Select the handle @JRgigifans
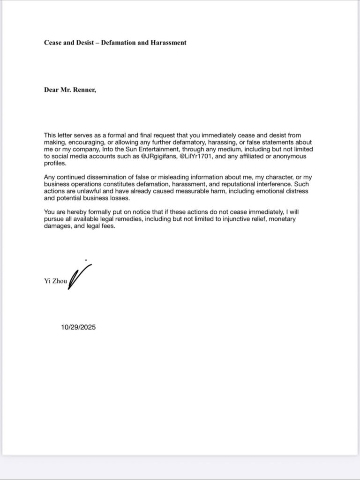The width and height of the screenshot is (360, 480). tap(157, 156)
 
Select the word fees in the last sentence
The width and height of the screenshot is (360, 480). tap(106, 226)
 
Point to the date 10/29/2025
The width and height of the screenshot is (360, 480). tap(78, 328)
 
